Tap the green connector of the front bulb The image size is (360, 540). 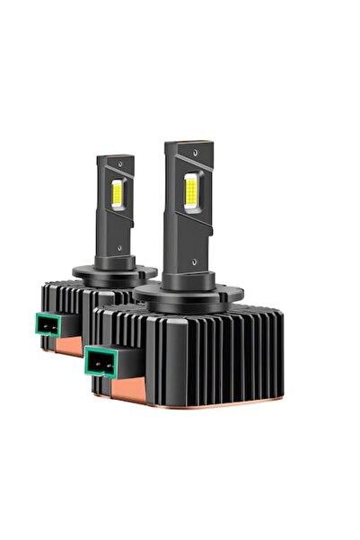pos(101,360)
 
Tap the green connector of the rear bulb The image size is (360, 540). pos(49,323)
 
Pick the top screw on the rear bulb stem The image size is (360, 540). pos(117,168)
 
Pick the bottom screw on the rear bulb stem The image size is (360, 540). pos(119,241)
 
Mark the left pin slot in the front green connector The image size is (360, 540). pos(94,361)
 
